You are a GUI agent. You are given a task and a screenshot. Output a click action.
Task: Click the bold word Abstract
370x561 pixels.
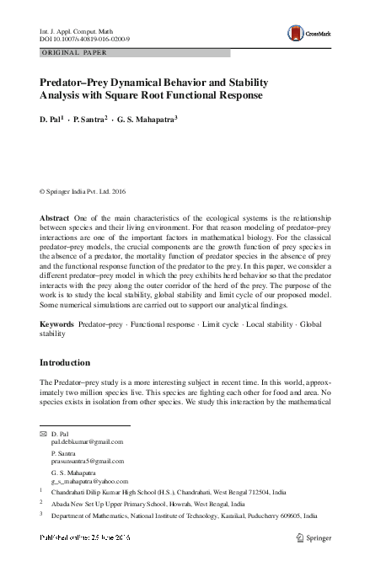point(55,218)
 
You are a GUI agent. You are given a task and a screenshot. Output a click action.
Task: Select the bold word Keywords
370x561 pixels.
point(56,323)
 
